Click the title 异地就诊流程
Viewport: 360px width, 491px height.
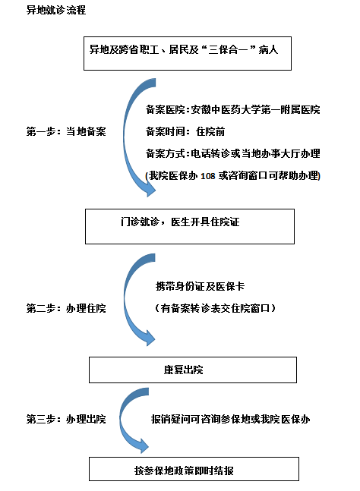coord(56,10)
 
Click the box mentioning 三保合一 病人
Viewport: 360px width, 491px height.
coord(188,53)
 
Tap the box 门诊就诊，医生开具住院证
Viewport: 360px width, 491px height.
coord(190,226)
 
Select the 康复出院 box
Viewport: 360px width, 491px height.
coord(193,370)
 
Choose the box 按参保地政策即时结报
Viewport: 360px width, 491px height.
coord(194,469)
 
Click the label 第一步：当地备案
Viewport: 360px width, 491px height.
coord(66,131)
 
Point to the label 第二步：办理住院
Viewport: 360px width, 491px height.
coord(66,308)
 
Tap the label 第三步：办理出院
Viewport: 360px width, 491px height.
coord(66,419)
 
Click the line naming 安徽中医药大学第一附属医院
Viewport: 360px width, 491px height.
coord(233,109)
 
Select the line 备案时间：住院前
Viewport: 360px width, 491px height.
coord(185,131)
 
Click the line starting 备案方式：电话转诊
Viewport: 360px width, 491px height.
coord(233,153)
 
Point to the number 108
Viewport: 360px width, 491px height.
coord(208,176)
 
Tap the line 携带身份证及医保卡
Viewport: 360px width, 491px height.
coord(200,286)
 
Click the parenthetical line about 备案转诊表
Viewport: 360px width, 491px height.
coord(215,308)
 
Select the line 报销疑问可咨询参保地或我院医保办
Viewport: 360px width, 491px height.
coord(230,419)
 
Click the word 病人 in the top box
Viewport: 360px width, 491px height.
coord(269,49)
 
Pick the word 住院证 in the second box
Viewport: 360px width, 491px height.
coord(225,222)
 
